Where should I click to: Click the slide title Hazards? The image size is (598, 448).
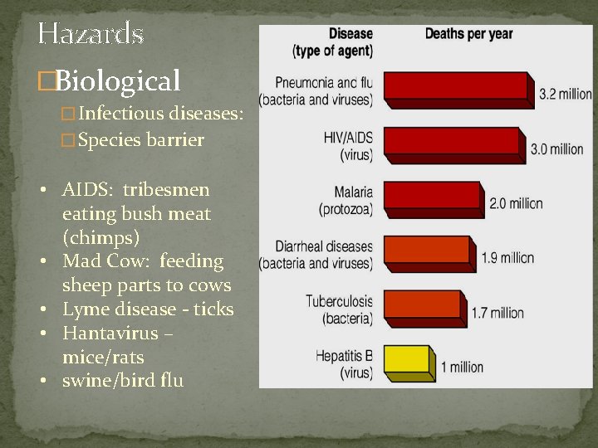pos(91,33)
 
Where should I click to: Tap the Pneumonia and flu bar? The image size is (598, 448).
pos(457,87)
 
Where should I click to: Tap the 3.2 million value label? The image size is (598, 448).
pos(565,95)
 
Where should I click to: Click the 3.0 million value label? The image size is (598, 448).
pos(556,149)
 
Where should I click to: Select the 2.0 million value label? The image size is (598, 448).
pos(516,203)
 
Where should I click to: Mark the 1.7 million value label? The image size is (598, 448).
pos(497,313)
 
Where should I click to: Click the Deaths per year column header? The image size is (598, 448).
pos(468,34)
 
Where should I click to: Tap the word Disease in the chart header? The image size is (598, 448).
pos(350,34)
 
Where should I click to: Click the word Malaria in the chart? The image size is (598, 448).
pos(353,192)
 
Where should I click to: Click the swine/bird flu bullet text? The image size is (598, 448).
pos(123,381)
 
